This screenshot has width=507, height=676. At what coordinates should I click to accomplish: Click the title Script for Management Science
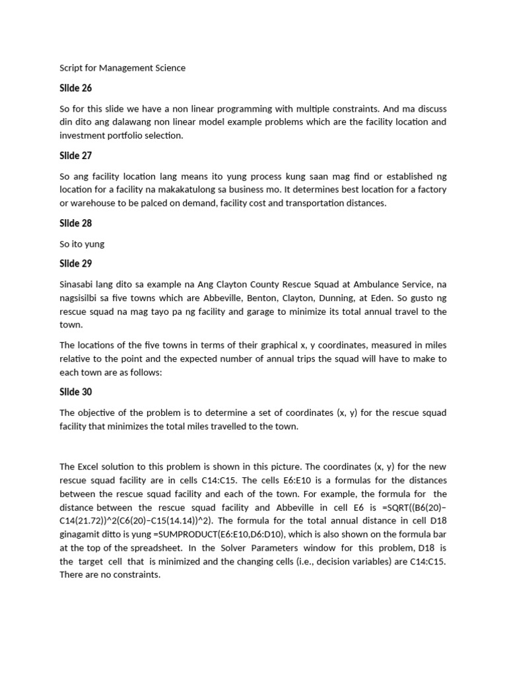tap(123, 68)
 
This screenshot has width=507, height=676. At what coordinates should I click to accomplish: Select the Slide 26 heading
tap(75, 88)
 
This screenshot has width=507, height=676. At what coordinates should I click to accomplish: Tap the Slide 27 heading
tap(75, 156)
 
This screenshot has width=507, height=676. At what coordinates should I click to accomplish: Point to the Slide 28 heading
tap(75, 223)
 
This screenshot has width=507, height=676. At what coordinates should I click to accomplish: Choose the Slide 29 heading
tap(75, 264)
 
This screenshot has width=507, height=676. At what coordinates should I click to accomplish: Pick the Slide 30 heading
tap(75, 392)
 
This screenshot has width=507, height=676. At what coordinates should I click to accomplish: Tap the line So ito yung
tap(82, 244)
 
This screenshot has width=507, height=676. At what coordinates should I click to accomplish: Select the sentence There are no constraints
tap(110, 575)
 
